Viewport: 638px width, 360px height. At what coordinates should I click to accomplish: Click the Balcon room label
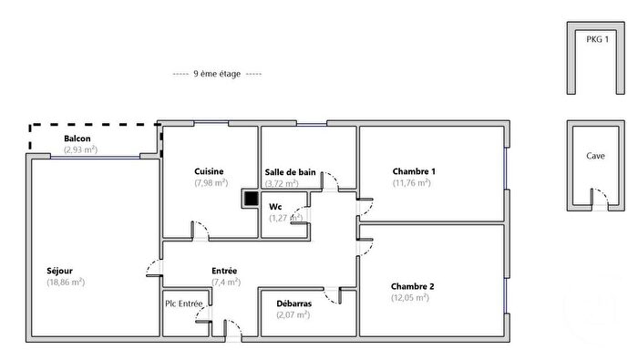click(x=77, y=139)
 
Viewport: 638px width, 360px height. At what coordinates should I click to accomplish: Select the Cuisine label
click(x=209, y=171)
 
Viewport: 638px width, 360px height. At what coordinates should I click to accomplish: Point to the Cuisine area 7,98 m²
click(x=211, y=182)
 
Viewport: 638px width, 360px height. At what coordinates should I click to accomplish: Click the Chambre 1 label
click(x=414, y=171)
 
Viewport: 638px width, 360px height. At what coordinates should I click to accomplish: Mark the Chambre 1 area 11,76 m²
click(x=412, y=182)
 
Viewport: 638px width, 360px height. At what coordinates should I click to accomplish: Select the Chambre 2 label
click(x=412, y=286)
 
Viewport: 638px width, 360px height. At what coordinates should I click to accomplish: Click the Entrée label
click(x=224, y=271)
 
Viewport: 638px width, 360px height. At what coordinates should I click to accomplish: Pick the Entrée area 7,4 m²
click(x=225, y=282)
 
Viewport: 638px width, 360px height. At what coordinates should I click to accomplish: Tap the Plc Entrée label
click(x=184, y=303)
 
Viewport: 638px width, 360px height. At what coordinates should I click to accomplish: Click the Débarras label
click(x=293, y=303)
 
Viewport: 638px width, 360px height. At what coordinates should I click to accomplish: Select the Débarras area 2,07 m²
click(x=293, y=314)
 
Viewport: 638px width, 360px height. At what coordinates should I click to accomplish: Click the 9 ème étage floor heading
click(x=217, y=74)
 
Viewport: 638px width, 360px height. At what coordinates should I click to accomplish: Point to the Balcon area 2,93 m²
click(x=80, y=149)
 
